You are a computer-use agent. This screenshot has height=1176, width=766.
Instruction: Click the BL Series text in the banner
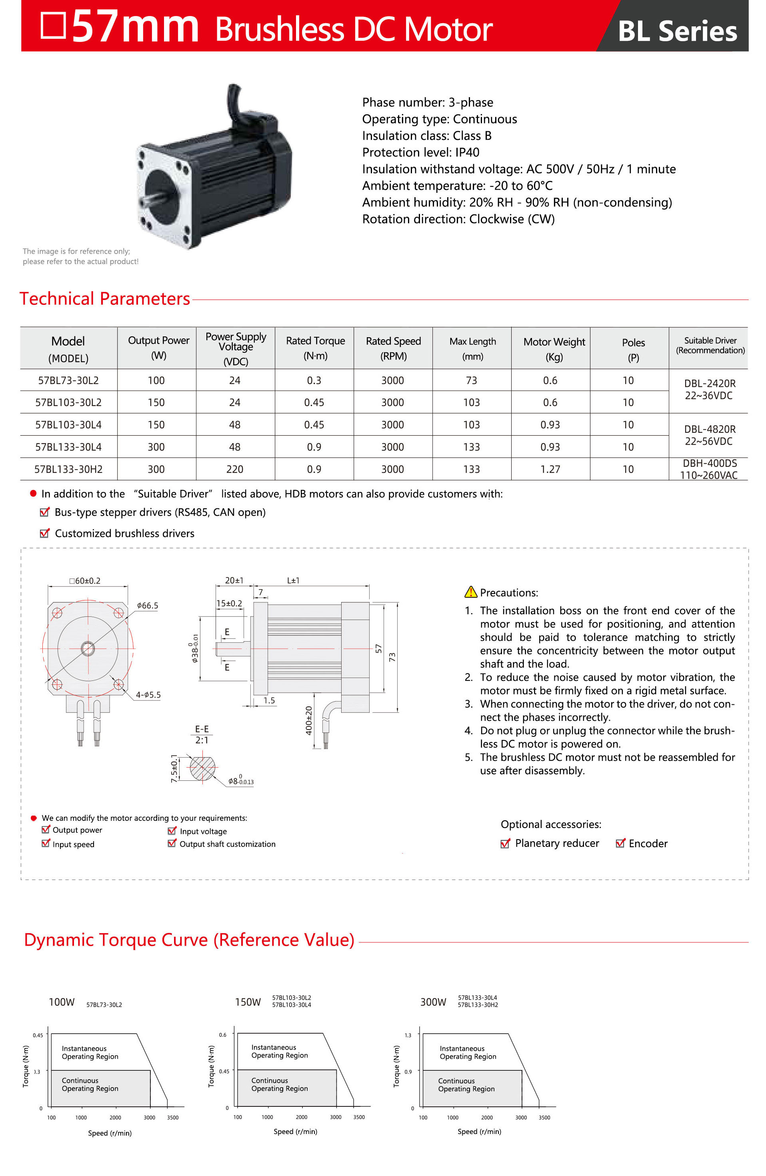click(x=677, y=31)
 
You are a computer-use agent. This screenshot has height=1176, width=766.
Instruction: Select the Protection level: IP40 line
click(x=420, y=152)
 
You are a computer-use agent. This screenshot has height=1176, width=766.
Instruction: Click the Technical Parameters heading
click(x=105, y=299)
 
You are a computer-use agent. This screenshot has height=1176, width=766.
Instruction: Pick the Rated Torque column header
click(x=315, y=348)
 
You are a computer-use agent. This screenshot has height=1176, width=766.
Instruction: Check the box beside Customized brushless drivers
click(x=44, y=533)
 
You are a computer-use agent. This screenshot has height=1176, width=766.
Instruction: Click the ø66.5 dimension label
click(x=147, y=605)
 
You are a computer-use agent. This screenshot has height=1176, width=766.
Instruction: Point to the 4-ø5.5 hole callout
click(x=148, y=695)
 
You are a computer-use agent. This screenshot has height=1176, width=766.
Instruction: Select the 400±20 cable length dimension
click(x=309, y=720)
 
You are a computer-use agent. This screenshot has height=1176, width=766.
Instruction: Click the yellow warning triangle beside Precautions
click(x=470, y=592)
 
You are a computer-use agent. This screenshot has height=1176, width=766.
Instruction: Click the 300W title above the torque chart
click(x=433, y=1002)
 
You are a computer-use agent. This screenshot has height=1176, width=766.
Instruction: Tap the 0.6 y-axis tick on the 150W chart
click(x=223, y=1035)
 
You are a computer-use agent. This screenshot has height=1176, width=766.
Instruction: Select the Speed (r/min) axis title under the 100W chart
click(x=110, y=1133)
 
